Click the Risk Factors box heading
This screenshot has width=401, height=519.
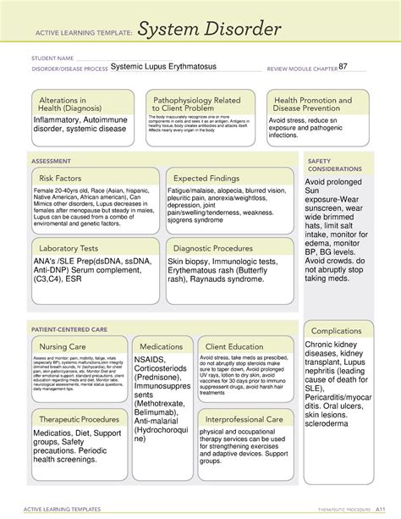point(64,179)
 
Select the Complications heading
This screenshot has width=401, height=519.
point(338,331)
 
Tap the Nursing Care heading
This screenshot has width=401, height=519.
point(64,346)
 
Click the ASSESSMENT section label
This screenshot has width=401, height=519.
point(51,158)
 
